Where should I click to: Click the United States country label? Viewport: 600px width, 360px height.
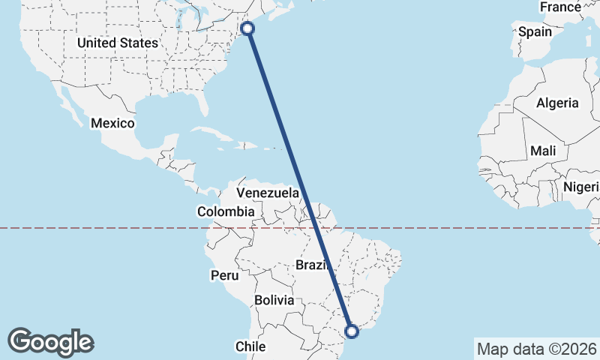[x=118, y=43]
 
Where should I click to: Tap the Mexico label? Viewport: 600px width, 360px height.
[x=112, y=123]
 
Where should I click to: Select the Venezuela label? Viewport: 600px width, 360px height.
[x=268, y=193]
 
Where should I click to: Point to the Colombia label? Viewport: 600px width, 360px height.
[x=226, y=212]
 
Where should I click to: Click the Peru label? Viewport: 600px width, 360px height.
[x=224, y=275]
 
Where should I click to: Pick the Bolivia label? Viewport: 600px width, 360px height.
[x=274, y=300]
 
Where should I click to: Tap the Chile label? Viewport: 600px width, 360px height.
[x=251, y=346]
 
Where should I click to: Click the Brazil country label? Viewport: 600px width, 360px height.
[x=313, y=265]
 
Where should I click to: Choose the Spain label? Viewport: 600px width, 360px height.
[x=535, y=32]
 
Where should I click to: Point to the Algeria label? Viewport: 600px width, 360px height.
[x=557, y=103]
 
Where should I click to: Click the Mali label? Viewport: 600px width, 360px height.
[x=543, y=151]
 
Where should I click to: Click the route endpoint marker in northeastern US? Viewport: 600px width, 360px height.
[x=247, y=28]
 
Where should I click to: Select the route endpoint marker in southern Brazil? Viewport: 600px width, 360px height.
[x=351, y=330]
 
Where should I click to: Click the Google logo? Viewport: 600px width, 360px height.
[x=50, y=342]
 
